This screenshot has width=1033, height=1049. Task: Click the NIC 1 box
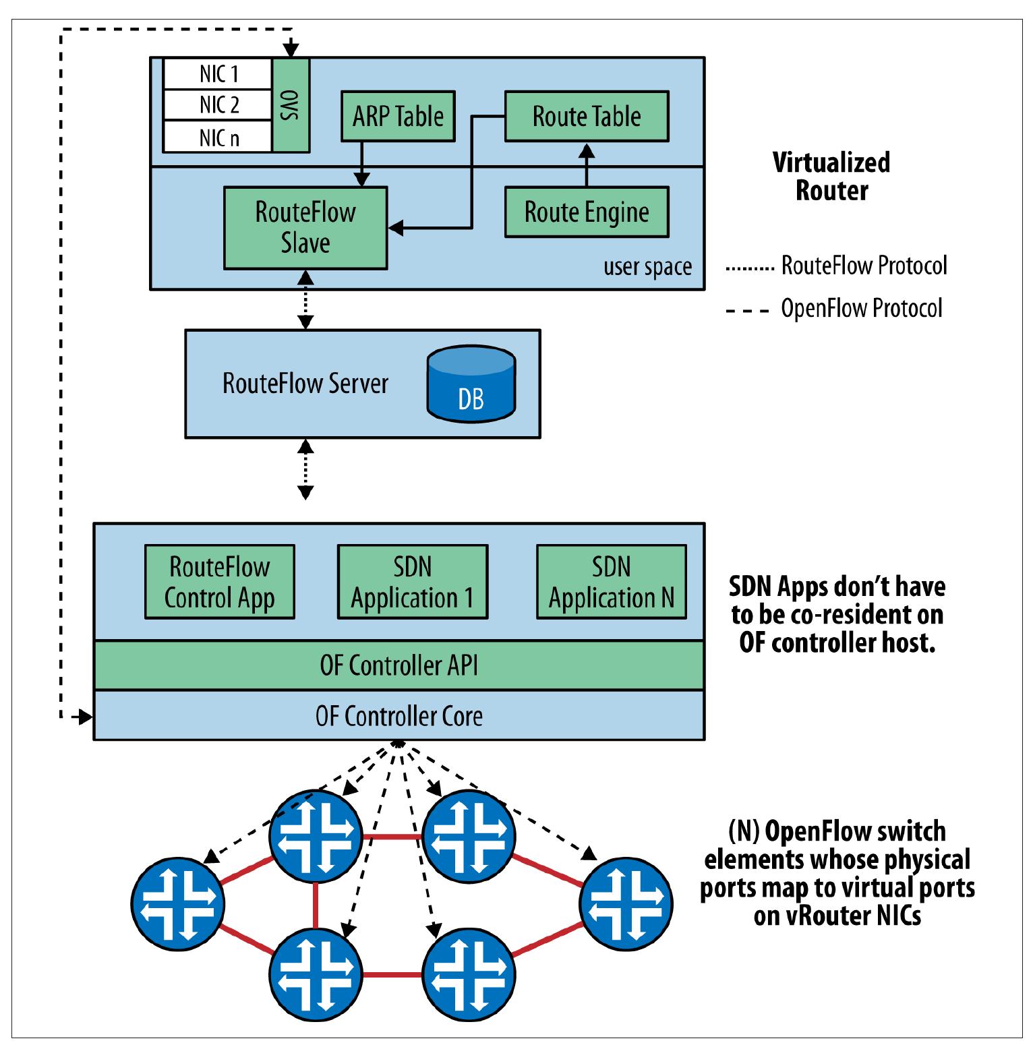pos(218,73)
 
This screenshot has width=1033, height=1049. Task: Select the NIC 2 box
pos(218,105)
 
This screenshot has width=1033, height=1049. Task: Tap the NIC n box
pos(218,138)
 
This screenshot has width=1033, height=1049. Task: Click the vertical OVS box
pos(291,105)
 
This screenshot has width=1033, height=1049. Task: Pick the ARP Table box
pos(398,116)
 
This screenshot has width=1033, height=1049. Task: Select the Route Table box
pos(587,116)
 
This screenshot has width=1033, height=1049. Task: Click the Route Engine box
pos(587,212)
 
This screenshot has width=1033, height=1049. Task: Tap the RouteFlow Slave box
pos(305,228)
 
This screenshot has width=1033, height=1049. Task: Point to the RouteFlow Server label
pos(305,384)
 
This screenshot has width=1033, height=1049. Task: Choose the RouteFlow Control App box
pos(220,582)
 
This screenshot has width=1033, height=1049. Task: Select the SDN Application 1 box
pos(412,582)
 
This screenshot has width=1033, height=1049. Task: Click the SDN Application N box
pos(611,582)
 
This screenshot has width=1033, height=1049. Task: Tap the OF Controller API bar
pos(399,665)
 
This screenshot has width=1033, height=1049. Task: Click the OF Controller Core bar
pos(399,716)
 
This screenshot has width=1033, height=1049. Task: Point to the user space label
pos(647,267)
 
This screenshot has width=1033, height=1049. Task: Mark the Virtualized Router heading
pos(831,177)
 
